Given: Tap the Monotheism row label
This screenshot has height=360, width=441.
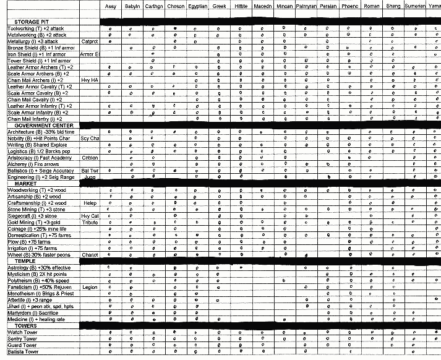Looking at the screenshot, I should click(38, 294).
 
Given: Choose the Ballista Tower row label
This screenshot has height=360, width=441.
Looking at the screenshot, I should click(21, 351).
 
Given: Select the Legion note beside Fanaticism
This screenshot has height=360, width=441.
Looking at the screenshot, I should click(89, 287).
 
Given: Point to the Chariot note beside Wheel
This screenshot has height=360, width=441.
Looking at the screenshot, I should click(90, 255).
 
